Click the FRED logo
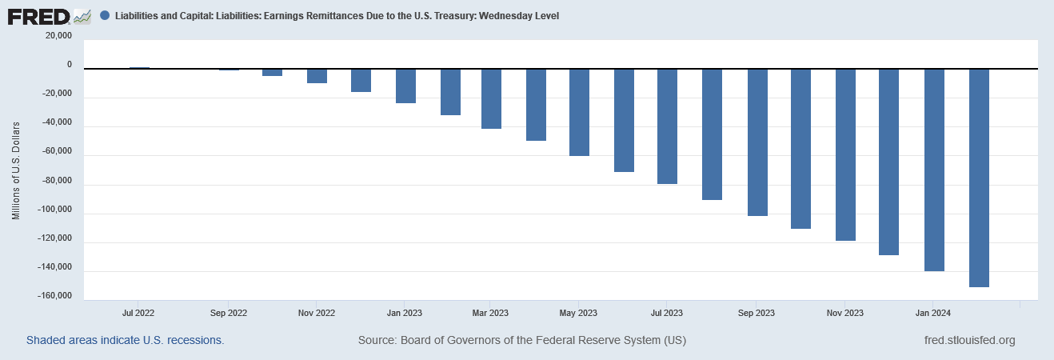(x=50, y=15)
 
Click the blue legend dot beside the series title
(x=105, y=16)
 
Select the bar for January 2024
(x=934, y=170)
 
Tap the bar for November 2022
(x=317, y=76)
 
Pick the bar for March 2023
(x=491, y=98)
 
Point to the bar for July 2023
(x=668, y=126)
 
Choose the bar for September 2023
(x=757, y=142)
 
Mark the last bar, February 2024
(x=979, y=178)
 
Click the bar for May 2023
(x=579, y=112)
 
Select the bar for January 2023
(x=405, y=86)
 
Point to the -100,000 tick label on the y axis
(x=54, y=210)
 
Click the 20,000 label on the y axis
(x=58, y=36)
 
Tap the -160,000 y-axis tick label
(x=54, y=297)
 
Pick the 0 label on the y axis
(x=69, y=65)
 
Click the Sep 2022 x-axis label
(x=227, y=313)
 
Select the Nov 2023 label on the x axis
(x=844, y=313)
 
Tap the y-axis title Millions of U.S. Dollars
(x=15, y=170)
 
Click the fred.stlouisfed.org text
(x=968, y=340)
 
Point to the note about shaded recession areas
(x=125, y=340)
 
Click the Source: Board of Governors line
(x=522, y=340)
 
